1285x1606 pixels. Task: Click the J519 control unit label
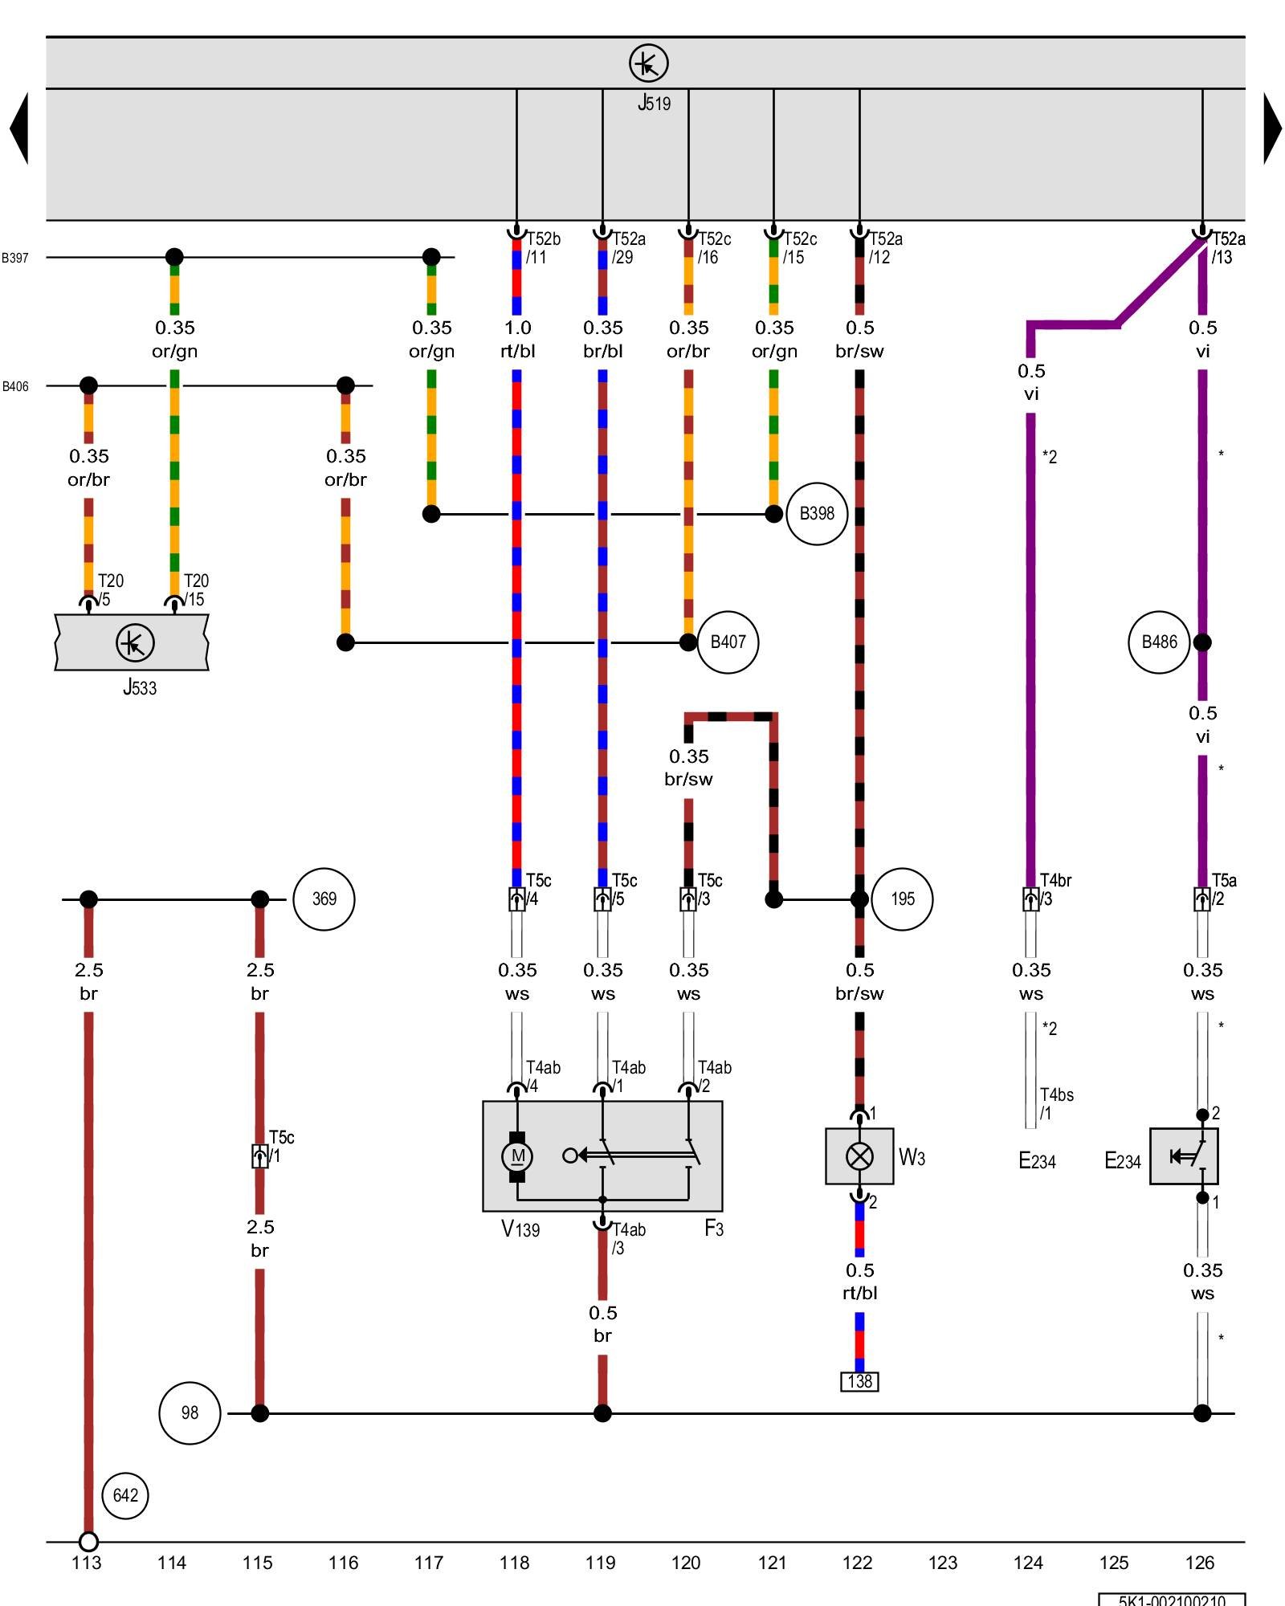[x=654, y=103]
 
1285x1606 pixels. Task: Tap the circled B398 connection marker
[x=817, y=514]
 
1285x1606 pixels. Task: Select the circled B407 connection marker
[x=728, y=642]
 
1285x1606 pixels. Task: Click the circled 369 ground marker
[x=324, y=899]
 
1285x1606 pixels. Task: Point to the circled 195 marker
[x=902, y=899]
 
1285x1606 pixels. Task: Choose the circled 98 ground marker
[x=190, y=1413]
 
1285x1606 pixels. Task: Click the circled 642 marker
[x=125, y=1495]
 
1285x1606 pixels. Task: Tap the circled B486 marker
[x=1159, y=642]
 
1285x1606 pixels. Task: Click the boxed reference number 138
[x=859, y=1381]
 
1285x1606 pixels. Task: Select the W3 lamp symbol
[x=859, y=1156]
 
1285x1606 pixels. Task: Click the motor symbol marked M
[x=517, y=1156]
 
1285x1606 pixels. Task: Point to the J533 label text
[x=140, y=687]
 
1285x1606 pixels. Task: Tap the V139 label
[x=520, y=1229]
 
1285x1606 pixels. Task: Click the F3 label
[x=714, y=1228]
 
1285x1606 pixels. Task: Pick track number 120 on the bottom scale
[x=686, y=1563]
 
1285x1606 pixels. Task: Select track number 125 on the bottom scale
[x=1114, y=1563]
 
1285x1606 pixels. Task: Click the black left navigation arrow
[x=19, y=128]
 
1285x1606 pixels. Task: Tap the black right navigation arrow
[x=1272, y=128]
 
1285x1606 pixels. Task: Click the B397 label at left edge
[x=14, y=258]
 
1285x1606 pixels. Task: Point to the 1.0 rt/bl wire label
[x=517, y=339]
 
